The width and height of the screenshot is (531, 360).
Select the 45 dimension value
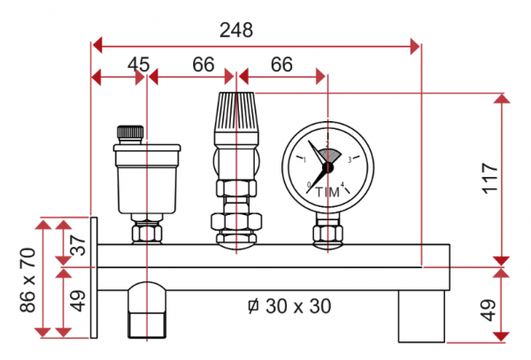pos(138,65)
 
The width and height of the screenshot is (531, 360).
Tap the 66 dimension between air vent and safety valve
pos(203,65)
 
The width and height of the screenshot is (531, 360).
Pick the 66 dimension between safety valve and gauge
pos(281,65)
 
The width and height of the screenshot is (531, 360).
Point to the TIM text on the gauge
pos(327,192)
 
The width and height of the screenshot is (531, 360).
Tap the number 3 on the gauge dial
pos(350,160)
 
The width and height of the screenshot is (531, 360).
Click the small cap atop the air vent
pos(130,132)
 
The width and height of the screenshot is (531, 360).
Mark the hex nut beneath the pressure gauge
pos(327,234)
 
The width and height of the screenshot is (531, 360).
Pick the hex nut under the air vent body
pos(146,234)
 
